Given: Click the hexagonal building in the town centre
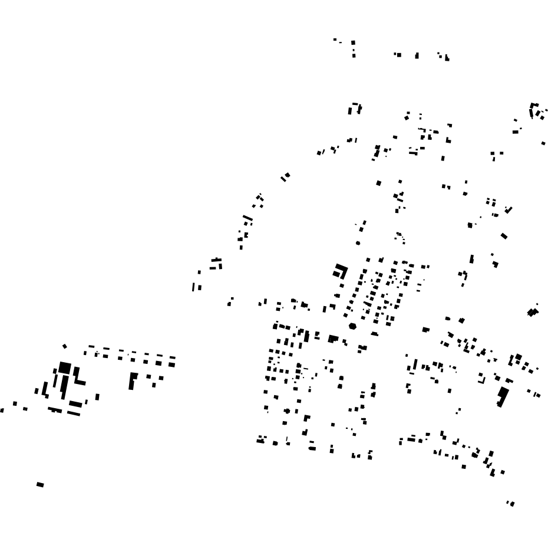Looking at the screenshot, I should point(352,326).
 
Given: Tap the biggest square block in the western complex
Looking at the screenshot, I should point(65,368).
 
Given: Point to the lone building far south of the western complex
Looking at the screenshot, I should point(40,485).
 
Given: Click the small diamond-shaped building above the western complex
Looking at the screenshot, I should point(64,346).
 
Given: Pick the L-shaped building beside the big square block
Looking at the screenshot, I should point(77,376).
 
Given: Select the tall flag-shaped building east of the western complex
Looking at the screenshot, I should point(133,380).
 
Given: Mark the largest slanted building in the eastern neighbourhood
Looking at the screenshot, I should point(503,396).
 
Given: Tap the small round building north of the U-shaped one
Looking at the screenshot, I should point(358,243).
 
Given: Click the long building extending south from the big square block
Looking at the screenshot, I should point(63,388).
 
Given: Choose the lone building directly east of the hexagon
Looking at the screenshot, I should point(425,330).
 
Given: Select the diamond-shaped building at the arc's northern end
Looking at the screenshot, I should point(286,176).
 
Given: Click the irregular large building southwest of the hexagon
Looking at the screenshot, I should point(333,339).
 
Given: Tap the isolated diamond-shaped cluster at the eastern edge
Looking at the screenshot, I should point(533,311).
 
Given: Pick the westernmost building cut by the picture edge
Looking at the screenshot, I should point(2,410).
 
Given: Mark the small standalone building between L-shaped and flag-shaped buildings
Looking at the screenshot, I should point(97,397).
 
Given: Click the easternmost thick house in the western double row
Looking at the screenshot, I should point(171,365).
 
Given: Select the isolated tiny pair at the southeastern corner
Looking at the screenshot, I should point(510,503).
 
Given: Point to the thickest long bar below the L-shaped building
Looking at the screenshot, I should point(75,405).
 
